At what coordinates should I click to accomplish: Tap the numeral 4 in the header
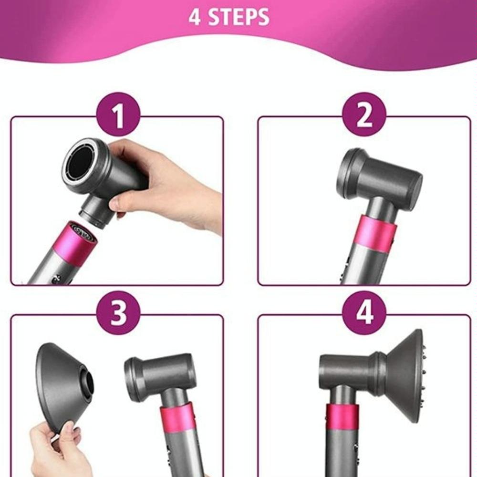(x=195, y=17)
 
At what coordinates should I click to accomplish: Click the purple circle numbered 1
(x=119, y=114)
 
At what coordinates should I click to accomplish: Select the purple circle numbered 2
(x=364, y=114)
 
